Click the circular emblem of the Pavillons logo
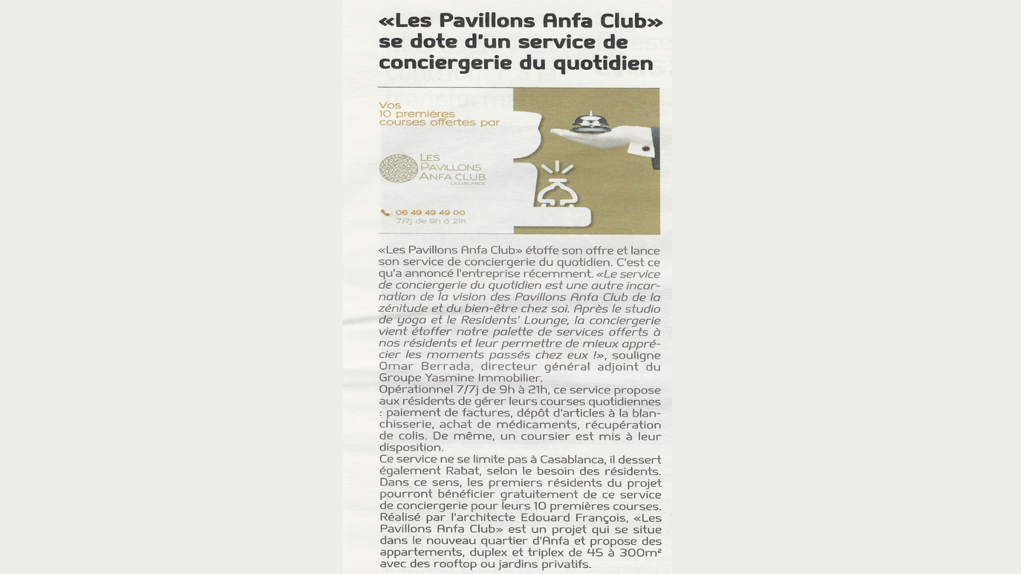click(398, 168)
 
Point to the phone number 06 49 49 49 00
click(430, 212)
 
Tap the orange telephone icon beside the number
click(385, 213)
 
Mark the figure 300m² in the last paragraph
click(636, 552)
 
